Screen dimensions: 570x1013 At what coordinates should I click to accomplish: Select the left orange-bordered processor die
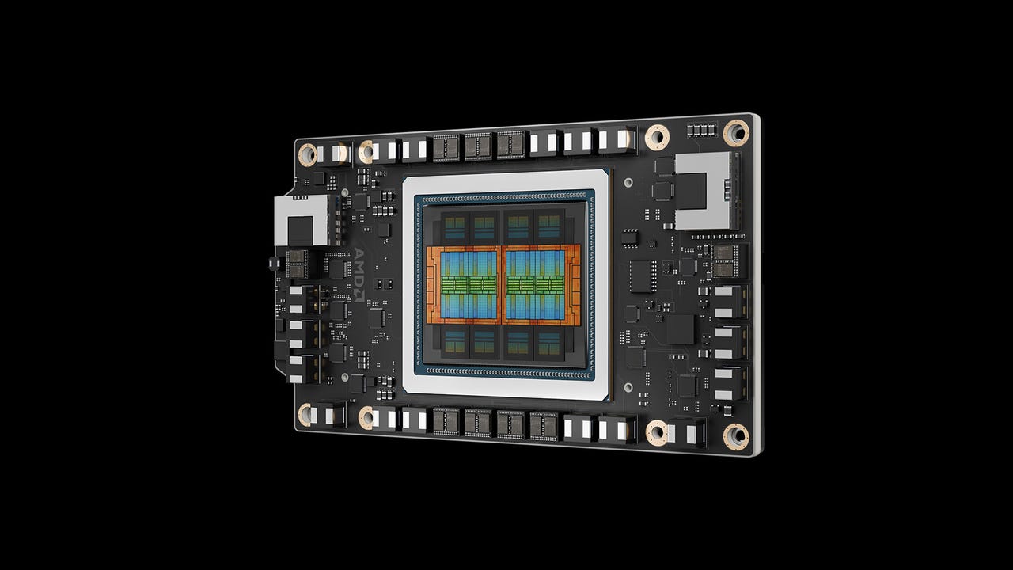[464, 283]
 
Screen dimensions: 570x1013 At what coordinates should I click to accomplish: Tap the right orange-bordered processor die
[541, 283]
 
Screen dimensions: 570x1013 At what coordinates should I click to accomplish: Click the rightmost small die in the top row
[549, 226]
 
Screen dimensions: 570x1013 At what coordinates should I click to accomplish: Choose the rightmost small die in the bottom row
[549, 343]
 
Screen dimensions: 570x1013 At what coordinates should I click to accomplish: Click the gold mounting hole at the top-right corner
[736, 132]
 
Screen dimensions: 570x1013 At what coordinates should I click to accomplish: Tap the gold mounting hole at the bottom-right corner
[736, 435]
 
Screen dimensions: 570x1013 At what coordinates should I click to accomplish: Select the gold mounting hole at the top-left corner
[307, 153]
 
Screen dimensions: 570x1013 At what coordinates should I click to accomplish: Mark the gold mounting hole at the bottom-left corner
[305, 414]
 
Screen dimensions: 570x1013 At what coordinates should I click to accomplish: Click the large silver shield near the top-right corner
[707, 190]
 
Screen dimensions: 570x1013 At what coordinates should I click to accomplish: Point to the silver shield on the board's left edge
[301, 221]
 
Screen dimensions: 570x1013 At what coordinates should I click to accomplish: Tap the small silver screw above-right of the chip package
[628, 182]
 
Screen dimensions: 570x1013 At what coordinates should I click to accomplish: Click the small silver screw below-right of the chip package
[628, 388]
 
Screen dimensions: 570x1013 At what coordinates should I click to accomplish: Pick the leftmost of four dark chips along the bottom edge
[446, 421]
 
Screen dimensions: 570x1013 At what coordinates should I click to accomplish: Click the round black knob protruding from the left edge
[274, 262]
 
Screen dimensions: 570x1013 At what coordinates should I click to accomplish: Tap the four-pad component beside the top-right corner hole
[700, 129]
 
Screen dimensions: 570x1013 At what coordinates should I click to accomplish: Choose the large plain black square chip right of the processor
[680, 329]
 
